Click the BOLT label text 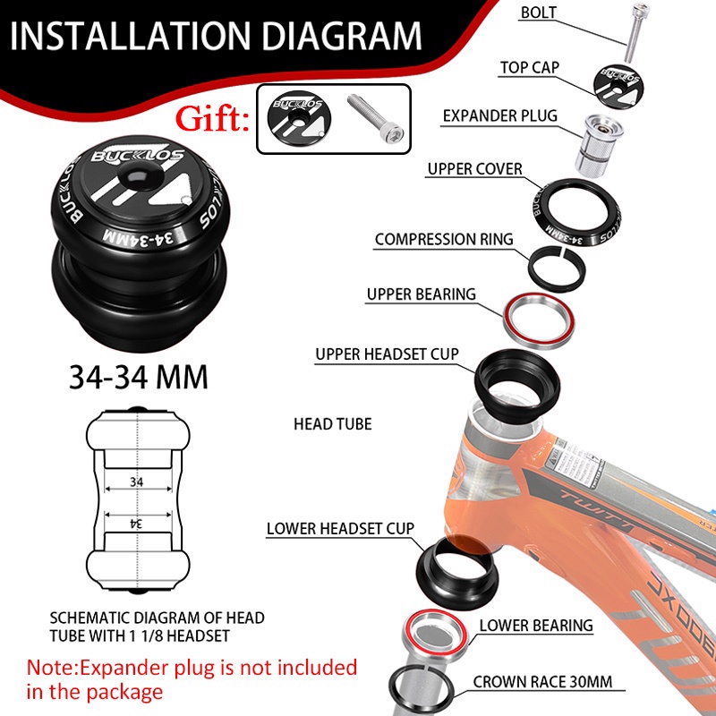[539, 13]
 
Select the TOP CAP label [529, 68]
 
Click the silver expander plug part [598, 145]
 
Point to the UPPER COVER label [474, 169]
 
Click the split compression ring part [557, 269]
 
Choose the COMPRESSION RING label [444, 239]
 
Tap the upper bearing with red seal [539, 320]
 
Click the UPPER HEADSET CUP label [387, 354]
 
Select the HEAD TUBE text [332, 423]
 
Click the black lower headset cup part [457, 572]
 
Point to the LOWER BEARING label [536, 625]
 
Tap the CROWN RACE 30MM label [542, 682]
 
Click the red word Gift [212, 119]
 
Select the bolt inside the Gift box [375, 117]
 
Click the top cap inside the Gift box [299, 117]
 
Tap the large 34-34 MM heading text [139, 377]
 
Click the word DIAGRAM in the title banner [342, 36]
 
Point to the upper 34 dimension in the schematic [137, 482]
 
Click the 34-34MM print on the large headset [139, 237]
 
